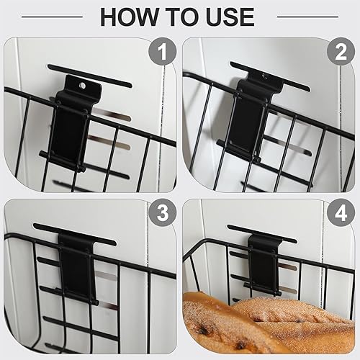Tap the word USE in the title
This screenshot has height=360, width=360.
[x=224, y=16]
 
